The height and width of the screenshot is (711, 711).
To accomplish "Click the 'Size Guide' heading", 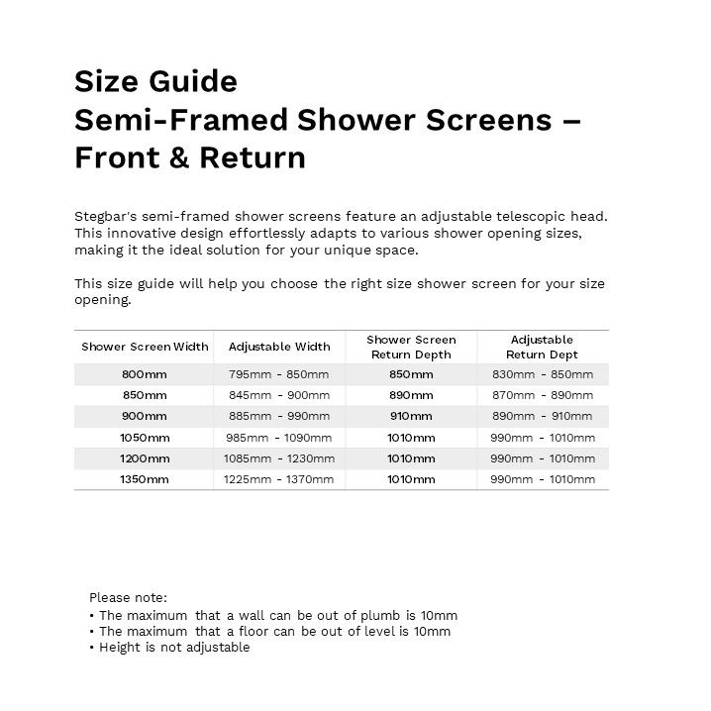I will pos(155,81).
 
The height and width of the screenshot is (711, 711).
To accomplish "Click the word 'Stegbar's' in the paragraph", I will pos(106,216).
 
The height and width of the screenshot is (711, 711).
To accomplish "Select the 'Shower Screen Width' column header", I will pos(145,347).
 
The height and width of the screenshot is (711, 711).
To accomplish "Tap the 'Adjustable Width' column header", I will pos(279,347).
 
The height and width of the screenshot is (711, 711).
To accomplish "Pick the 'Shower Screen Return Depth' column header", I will pos(411,347).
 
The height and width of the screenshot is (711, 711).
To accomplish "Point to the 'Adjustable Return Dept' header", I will pos(542,347).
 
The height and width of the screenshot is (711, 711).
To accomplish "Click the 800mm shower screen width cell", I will pos(145,374).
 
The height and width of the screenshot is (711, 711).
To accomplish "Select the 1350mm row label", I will pos(145,479).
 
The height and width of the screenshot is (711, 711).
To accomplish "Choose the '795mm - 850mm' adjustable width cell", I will pos(279,374).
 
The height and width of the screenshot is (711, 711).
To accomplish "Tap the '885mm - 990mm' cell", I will pos(279,416).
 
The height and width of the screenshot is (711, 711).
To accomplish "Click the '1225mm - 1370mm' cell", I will pos(279,479).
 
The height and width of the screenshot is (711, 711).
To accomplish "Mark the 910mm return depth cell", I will pos(411,416).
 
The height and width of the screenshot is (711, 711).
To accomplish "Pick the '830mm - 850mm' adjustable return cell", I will pos(543,374).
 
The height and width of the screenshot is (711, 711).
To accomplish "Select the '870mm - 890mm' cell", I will pos(543,395).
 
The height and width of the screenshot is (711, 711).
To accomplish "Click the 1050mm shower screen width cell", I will pos(145,438).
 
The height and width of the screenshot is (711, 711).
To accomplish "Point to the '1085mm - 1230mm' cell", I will pos(279,458).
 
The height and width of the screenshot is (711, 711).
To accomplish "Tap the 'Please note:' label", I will pos(128,597).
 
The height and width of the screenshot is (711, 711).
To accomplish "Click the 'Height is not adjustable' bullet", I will pos(174,648).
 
